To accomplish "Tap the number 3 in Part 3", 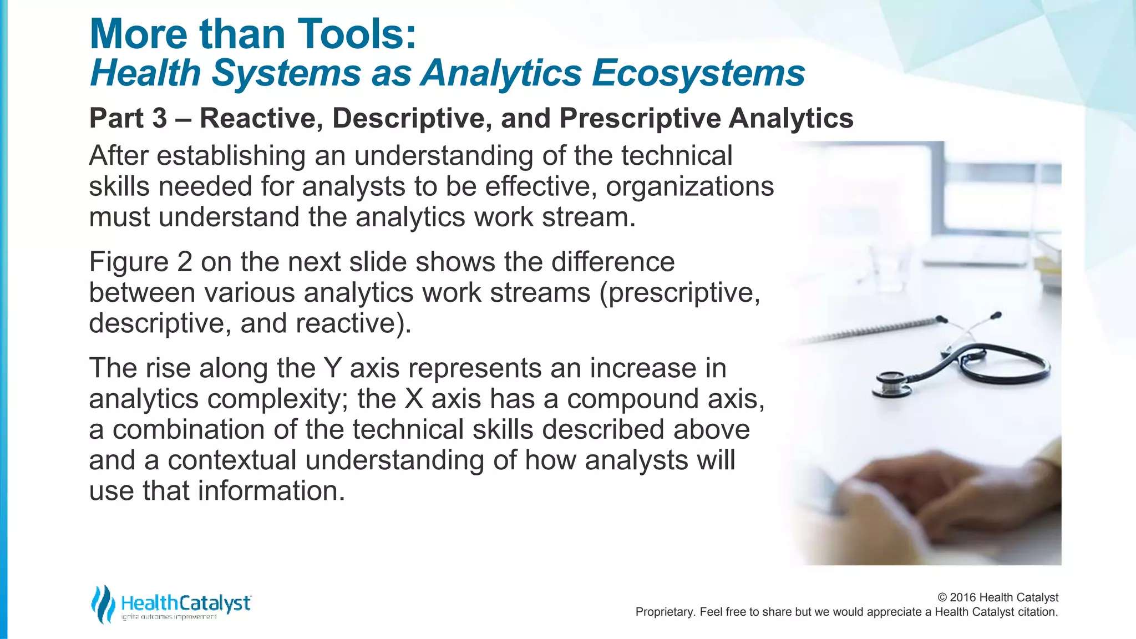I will (159, 118).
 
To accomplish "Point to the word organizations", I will (689, 186).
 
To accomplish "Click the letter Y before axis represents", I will (332, 368).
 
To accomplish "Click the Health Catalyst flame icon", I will (103, 603).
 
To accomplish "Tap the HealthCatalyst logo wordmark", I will (186, 603).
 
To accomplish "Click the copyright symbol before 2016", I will (942, 597).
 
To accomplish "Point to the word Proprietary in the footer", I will (664, 612).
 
